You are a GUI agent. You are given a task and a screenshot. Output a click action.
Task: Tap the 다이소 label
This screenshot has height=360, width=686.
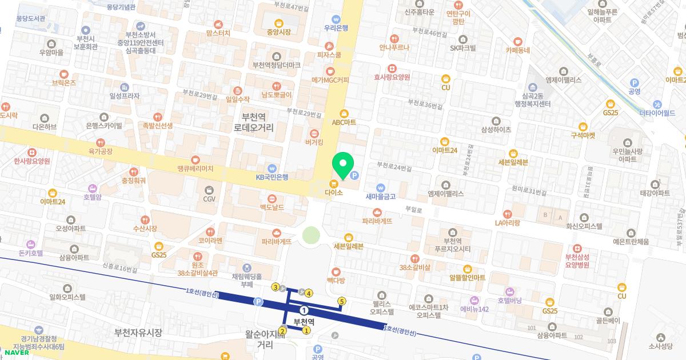point(334,193)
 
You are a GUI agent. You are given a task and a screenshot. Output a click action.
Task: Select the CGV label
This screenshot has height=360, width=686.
point(209,199)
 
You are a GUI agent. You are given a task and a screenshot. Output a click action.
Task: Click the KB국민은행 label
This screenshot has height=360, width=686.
point(272,177)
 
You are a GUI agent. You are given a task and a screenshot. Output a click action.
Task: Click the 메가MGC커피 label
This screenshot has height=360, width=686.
point(330,81)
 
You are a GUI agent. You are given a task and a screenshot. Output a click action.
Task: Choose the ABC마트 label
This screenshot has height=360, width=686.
point(344,122)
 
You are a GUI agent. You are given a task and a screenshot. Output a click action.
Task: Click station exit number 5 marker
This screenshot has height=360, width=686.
point(342,301)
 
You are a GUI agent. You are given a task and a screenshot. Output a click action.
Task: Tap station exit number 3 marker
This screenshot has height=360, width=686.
point(276,287)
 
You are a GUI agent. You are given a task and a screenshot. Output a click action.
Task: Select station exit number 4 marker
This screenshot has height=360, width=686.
point(309,293)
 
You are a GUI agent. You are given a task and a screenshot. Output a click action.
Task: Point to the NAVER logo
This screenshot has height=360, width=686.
point(16,352)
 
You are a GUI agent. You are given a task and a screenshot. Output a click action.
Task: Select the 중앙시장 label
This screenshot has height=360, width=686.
point(279,32)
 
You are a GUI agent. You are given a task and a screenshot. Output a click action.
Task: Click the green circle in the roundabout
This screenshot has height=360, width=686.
point(311,235)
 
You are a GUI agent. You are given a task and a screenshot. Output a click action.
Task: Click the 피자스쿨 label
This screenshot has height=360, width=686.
point(329,55)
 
